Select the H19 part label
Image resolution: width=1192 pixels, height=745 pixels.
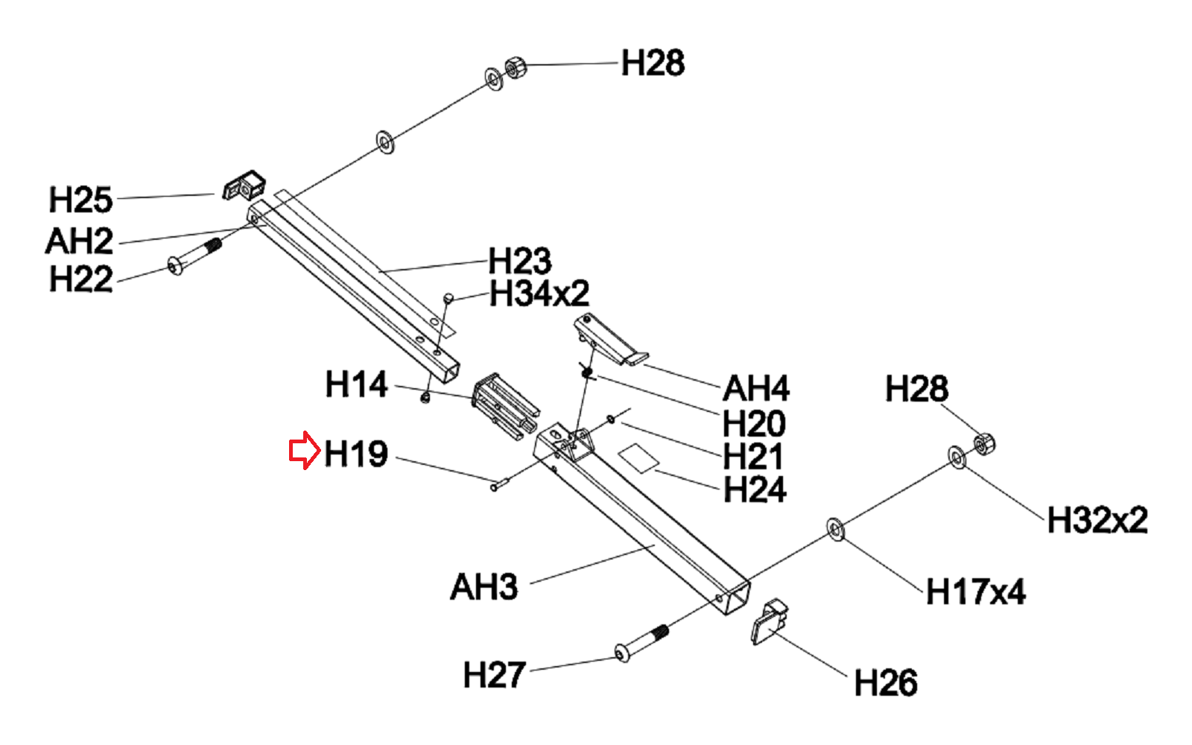356,454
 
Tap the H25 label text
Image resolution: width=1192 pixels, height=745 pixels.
80,200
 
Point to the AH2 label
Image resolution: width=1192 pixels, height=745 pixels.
79,241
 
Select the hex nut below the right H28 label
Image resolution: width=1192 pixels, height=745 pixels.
983,445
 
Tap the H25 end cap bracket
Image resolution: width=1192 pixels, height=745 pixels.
244,186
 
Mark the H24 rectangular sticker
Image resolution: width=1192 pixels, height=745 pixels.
638,456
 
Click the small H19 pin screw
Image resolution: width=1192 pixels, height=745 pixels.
498,484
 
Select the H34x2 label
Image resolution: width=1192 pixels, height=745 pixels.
539,294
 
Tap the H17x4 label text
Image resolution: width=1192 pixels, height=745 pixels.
975,592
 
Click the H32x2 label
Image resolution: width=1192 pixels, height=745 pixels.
1097,520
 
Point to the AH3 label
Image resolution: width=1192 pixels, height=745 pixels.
484,587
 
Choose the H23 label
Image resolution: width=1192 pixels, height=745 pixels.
520,261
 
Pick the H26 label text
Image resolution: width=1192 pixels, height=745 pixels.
885,682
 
